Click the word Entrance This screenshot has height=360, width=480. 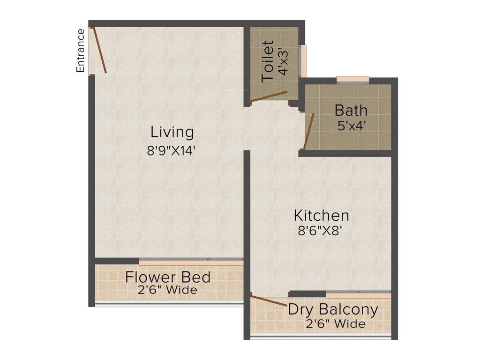(x=81, y=51)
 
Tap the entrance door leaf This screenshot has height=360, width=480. (x=99, y=51)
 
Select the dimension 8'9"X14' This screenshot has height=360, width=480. (x=170, y=150)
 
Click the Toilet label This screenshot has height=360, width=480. (x=268, y=61)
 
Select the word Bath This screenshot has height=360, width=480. (x=351, y=111)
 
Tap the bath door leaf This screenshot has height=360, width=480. (x=308, y=131)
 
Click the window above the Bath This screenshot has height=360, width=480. (x=352, y=79)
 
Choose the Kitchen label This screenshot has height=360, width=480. (x=321, y=216)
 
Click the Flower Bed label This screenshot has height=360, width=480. (x=168, y=277)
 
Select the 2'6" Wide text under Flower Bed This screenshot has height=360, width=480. (x=167, y=290)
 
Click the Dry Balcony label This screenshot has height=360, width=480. (x=333, y=309)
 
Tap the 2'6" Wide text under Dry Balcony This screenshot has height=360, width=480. (x=336, y=323)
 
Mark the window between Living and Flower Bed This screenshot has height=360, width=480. (x=191, y=261)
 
